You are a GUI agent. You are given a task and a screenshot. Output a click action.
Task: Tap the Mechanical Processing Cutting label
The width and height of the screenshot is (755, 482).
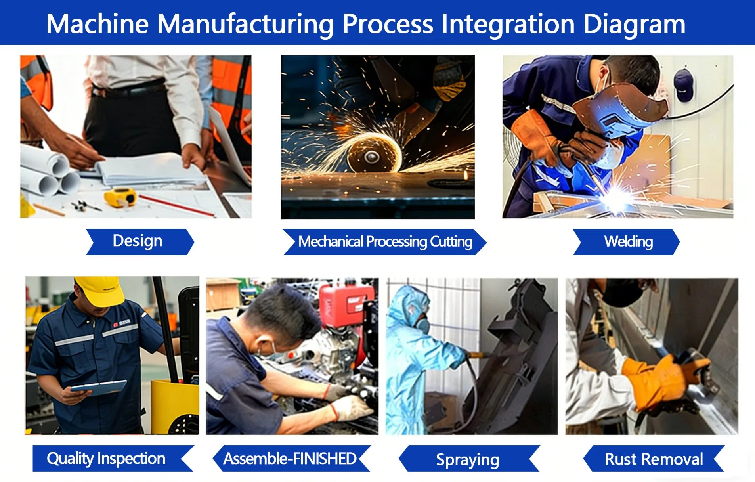click(x=384, y=241)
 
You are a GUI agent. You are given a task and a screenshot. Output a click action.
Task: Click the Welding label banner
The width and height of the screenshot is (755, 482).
click(x=628, y=241)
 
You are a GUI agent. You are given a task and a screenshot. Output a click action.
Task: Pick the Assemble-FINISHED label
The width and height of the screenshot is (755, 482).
click(x=291, y=458)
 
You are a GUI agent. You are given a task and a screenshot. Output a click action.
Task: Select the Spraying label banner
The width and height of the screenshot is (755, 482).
click(x=468, y=459)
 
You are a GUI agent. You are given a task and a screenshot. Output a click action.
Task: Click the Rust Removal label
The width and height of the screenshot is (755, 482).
click(x=654, y=459)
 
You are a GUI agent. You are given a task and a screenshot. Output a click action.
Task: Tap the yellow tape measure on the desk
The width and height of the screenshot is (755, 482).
click(x=120, y=197)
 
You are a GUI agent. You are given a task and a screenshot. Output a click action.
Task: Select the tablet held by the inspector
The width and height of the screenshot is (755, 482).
click(x=99, y=387)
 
